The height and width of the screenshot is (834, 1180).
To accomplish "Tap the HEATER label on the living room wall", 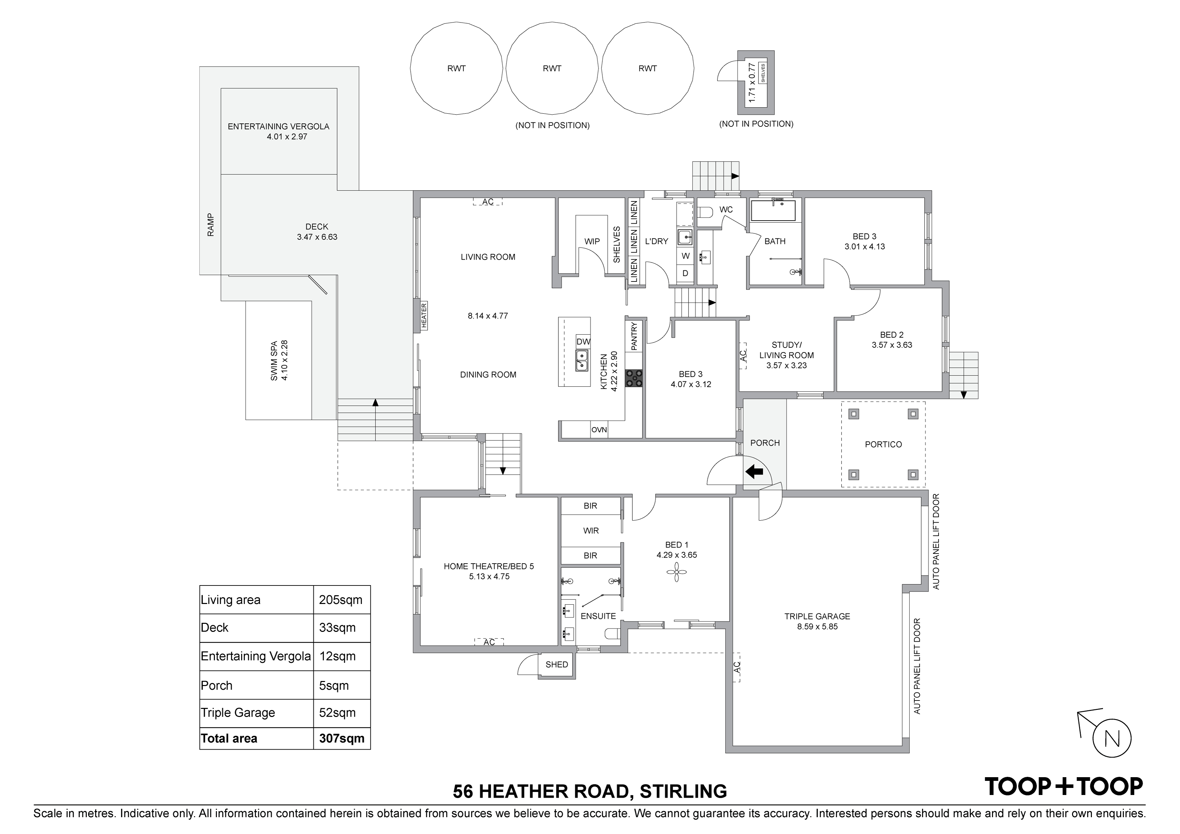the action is point(424,315).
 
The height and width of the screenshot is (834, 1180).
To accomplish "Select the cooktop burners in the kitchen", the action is point(634,378).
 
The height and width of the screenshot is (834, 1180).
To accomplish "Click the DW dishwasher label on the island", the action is point(583,342).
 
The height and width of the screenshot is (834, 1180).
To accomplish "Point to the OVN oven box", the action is point(599,429).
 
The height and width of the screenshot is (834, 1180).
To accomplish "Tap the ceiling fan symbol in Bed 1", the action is point(676,572).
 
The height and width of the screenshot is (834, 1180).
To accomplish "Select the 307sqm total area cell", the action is point(342,738).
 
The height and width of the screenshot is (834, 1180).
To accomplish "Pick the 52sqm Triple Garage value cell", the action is point(342,713).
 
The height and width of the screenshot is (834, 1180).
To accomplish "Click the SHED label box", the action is point(557,665).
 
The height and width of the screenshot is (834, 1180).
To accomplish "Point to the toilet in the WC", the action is point(705,212).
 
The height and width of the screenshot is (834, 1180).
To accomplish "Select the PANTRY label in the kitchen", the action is point(634,336).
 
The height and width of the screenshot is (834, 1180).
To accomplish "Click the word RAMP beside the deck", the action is point(210,225).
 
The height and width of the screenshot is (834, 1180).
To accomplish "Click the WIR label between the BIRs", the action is point(591,531).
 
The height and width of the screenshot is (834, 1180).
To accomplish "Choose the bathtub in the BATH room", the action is point(773,211).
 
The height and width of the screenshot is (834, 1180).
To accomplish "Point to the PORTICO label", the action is point(883,445).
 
